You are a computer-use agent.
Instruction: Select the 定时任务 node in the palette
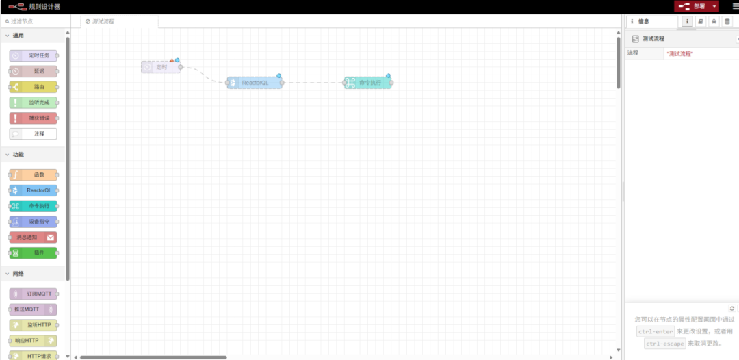pos(34,55)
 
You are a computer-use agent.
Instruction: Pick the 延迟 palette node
pos(34,71)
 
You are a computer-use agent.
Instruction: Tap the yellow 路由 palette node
pos(34,87)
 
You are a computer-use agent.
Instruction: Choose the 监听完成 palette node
pos(34,103)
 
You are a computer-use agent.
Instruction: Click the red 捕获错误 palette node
pos(34,118)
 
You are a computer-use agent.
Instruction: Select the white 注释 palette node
pos(34,134)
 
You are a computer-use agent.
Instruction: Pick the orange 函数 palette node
pos(34,175)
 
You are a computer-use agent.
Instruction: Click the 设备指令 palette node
pos(34,222)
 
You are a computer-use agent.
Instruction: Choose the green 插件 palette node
pos(34,253)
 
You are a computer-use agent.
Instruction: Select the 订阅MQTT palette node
pos(34,294)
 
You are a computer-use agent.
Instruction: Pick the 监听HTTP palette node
pos(34,324)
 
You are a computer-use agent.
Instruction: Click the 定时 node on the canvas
pos(161,67)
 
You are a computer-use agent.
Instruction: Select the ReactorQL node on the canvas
pos(255,83)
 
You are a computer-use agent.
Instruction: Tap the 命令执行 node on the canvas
pos(369,83)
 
